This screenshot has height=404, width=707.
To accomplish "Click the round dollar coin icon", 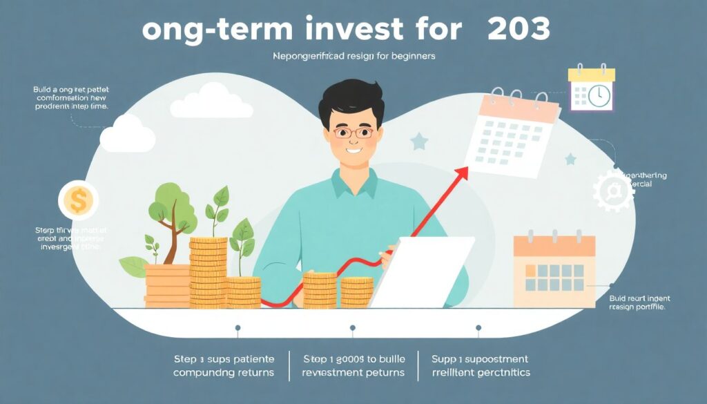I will (x=78, y=201).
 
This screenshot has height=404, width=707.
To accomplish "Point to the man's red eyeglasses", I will (x=353, y=133).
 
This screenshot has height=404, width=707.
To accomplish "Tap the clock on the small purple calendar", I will (x=599, y=95).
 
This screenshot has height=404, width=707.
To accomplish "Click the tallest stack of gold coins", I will (x=208, y=272).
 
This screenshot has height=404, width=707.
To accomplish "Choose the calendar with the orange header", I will (x=554, y=271).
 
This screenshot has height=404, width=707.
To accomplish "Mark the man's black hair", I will (x=352, y=103).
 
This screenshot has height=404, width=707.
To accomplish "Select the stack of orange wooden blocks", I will (x=166, y=285).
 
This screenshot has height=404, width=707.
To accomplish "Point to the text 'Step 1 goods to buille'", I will (x=353, y=359).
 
